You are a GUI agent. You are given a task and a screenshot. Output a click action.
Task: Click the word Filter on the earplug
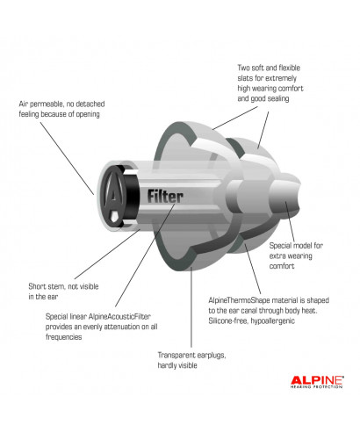166,196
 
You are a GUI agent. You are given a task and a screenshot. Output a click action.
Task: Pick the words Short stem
47,285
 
